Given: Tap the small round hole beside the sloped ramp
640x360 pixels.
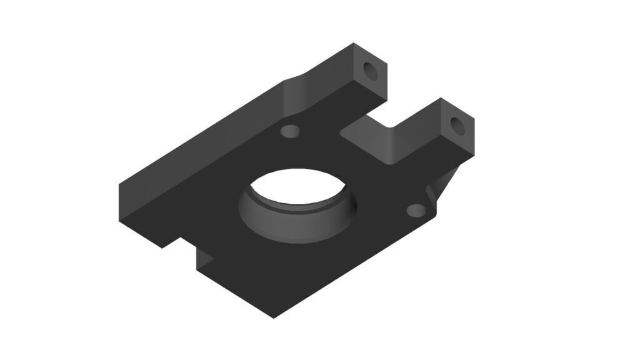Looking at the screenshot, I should (290, 131).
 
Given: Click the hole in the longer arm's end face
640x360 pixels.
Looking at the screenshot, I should (372, 69).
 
